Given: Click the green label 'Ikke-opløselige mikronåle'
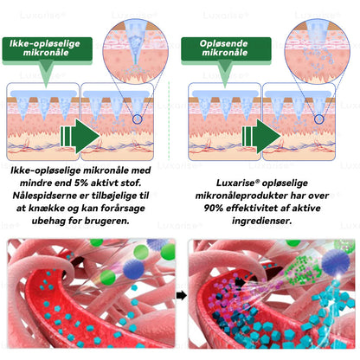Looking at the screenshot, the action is pyautogui.click(x=48, y=48).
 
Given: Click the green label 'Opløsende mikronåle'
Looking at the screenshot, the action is pyautogui.click(x=226, y=48).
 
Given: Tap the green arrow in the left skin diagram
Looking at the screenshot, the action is pyautogui.click(x=80, y=136).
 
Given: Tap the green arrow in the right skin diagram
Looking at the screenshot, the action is pyautogui.click(x=261, y=136).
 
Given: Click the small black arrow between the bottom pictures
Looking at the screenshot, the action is pyautogui.click(x=181, y=295).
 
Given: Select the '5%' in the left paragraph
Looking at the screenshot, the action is pyautogui.click(x=81, y=183).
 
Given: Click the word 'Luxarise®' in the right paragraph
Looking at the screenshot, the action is pyautogui.click(x=237, y=183).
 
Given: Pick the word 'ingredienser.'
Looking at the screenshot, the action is pyautogui.click(x=262, y=221).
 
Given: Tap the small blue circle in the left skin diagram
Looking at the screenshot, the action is pyautogui.click(x=138, y=119).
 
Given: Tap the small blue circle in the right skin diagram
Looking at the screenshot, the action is pyautogui.click(x=318, y=119).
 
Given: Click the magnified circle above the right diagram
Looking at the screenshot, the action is pyautogui.click(x=318, y=52).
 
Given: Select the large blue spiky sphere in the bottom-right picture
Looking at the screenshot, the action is pyautogui.click(x=335, y=261).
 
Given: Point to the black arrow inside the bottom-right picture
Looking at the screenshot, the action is pyautogui.click(x=240, y=282).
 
